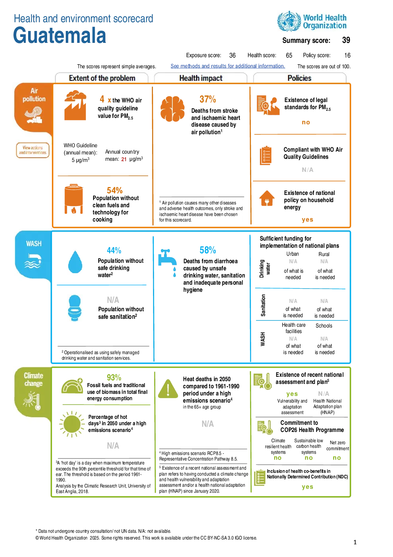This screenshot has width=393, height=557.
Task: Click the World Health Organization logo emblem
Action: point(289,21)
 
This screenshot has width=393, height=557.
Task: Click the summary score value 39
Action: point(346,40)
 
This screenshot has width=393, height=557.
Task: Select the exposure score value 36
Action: point(232,55)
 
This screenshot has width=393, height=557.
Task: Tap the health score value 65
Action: point(289,55)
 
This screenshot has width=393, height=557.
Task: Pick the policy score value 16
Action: point(347,55)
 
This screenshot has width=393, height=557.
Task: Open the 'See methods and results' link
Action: point(228,66)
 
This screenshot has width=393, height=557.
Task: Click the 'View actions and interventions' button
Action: point(33,150)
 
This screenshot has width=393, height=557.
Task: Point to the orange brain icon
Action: point(172,109)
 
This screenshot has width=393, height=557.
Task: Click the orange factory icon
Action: point(75,106)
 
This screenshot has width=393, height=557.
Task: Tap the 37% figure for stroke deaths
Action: point(208,99)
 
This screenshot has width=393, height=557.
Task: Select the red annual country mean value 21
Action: point(124,159)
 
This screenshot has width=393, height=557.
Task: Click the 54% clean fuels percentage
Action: point(114,190)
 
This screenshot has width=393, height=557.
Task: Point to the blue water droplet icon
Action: point(75,262)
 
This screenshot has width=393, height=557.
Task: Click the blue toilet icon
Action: point(75,308)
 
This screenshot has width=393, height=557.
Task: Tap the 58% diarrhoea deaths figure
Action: point(208,250)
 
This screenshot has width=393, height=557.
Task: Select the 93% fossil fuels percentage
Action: point(114,377)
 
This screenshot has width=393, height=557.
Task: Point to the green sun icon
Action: point(72,424)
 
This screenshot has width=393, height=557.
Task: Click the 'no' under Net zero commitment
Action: point(337,457)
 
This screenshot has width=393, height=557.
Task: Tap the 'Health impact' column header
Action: point(201,78)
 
